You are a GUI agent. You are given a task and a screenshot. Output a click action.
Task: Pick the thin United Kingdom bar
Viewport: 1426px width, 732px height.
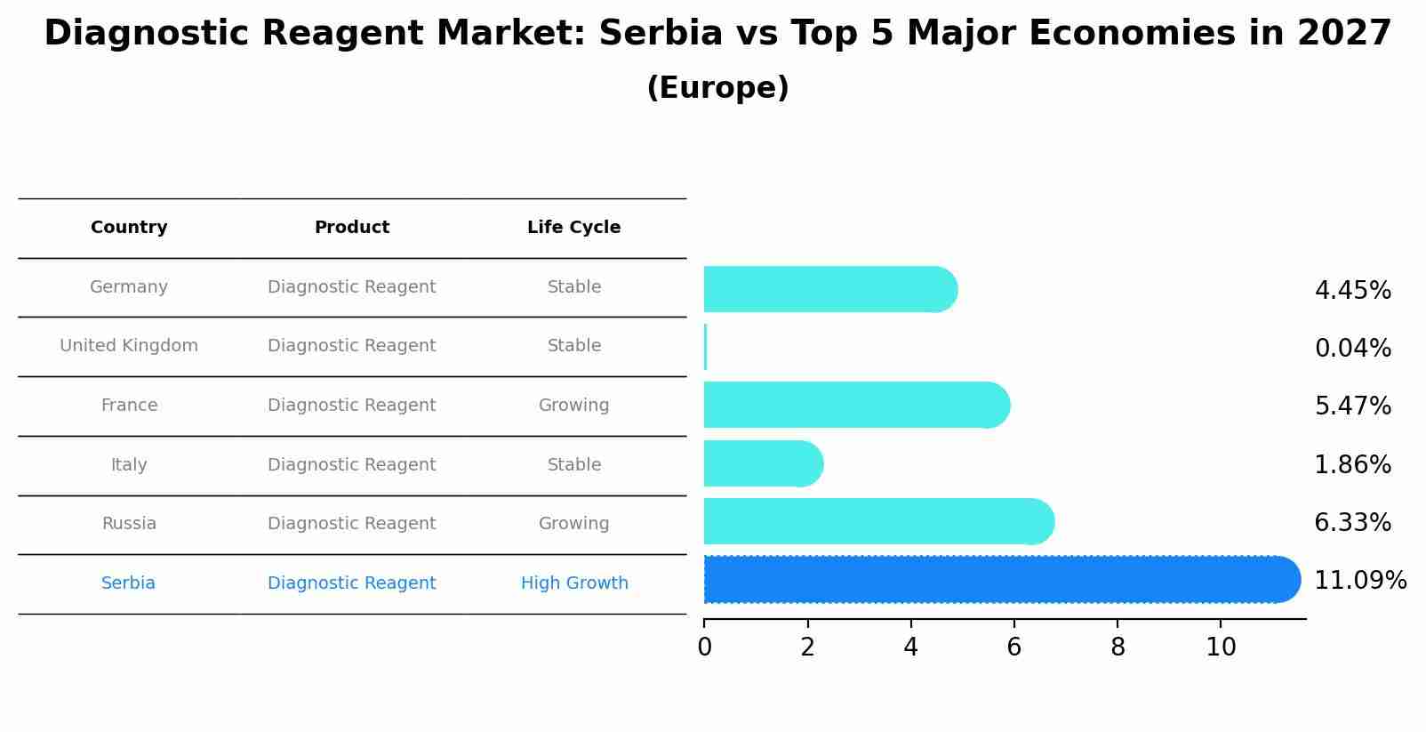point(706,347)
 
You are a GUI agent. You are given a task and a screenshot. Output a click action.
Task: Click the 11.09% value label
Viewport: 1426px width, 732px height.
point(1359,581)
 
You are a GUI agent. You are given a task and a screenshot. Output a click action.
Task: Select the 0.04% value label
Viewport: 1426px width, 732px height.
point(1352,349)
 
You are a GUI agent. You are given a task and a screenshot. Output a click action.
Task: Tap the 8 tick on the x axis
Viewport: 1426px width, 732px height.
point(1118,648)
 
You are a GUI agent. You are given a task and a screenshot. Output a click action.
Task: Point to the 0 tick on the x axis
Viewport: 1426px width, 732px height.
point(705,648)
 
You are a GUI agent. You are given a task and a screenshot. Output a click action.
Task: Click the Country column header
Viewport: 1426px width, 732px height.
point(129,228)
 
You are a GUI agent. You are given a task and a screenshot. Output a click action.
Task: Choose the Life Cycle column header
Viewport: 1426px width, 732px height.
point(573,228)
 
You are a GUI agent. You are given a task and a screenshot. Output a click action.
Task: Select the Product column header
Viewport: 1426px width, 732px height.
point(352,228)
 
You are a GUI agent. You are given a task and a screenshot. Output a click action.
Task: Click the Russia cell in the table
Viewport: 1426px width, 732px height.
point(129,524)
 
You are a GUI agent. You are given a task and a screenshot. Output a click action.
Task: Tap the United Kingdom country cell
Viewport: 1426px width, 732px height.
point(129,346)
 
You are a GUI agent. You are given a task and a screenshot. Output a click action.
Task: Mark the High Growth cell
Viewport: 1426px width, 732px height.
point(574,583)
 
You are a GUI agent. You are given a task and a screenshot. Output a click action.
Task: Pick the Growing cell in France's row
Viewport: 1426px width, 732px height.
point(573,406)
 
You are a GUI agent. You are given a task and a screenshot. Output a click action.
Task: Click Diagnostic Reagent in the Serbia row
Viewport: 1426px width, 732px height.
point(352,583)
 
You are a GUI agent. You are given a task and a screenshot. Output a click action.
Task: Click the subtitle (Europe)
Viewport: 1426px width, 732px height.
point(717,88)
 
